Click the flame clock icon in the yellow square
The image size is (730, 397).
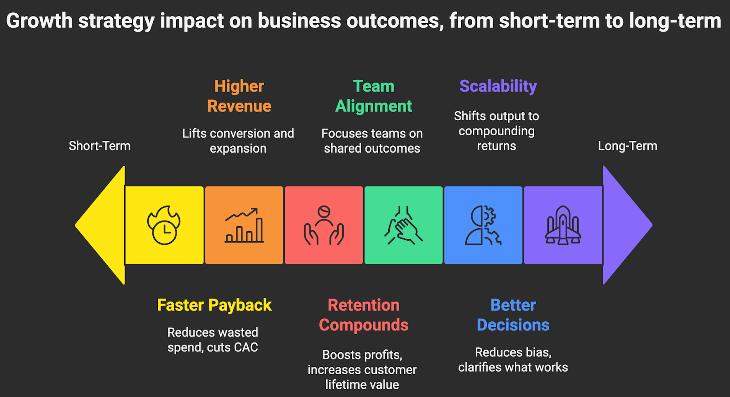click(x=164, y=225)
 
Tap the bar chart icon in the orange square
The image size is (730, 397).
click(x=244, y=225)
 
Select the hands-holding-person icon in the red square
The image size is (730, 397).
click(x=324, y=225)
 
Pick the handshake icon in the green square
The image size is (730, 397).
click(x=403, y=225)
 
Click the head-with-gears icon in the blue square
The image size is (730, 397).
click(x=483, y=225)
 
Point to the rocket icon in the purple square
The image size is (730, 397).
click(x=563, y=225)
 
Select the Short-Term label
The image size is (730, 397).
click(x=99, y=146)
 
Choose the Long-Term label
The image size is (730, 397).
click(x=627, y=146)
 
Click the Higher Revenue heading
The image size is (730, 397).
click(x=239, y=96)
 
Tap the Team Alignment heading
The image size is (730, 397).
click(x=374, y=96)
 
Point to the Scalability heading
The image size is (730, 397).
click(x=498, y=86)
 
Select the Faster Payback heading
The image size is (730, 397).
click(x=214, y=305)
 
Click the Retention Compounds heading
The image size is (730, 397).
click(x=364, y=315)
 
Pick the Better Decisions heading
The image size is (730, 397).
click(x=513, y=315)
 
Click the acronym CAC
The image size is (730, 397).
click(x=245, y=347)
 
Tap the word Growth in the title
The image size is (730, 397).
click(x=39, y=21)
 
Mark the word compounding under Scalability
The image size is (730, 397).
click(x=496, y=131)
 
